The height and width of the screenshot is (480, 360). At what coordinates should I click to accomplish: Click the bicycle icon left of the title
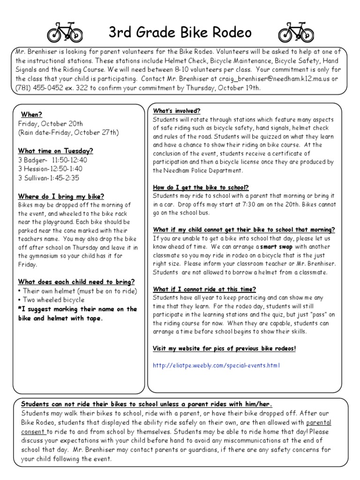pos(65,32)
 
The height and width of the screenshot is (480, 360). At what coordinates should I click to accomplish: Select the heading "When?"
pos(31,114)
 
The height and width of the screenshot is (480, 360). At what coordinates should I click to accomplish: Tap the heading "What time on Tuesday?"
pos(55,151)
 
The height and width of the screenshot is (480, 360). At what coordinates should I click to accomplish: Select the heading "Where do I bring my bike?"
pos(61,196)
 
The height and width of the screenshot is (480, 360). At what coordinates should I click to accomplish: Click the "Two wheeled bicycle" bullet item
pos(52,300)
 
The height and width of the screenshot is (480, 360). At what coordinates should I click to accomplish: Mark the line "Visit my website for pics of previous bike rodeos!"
pos(225,348)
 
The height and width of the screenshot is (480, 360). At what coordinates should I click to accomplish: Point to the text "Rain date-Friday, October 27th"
pos(68,133)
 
